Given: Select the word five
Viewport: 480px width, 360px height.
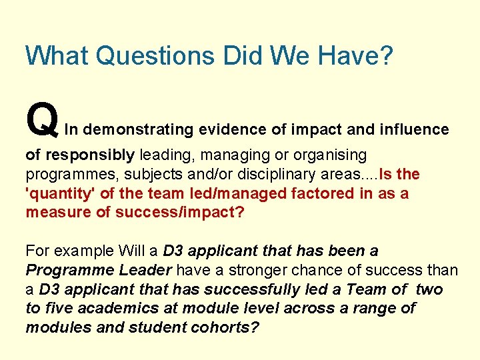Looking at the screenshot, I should point(60,308).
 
